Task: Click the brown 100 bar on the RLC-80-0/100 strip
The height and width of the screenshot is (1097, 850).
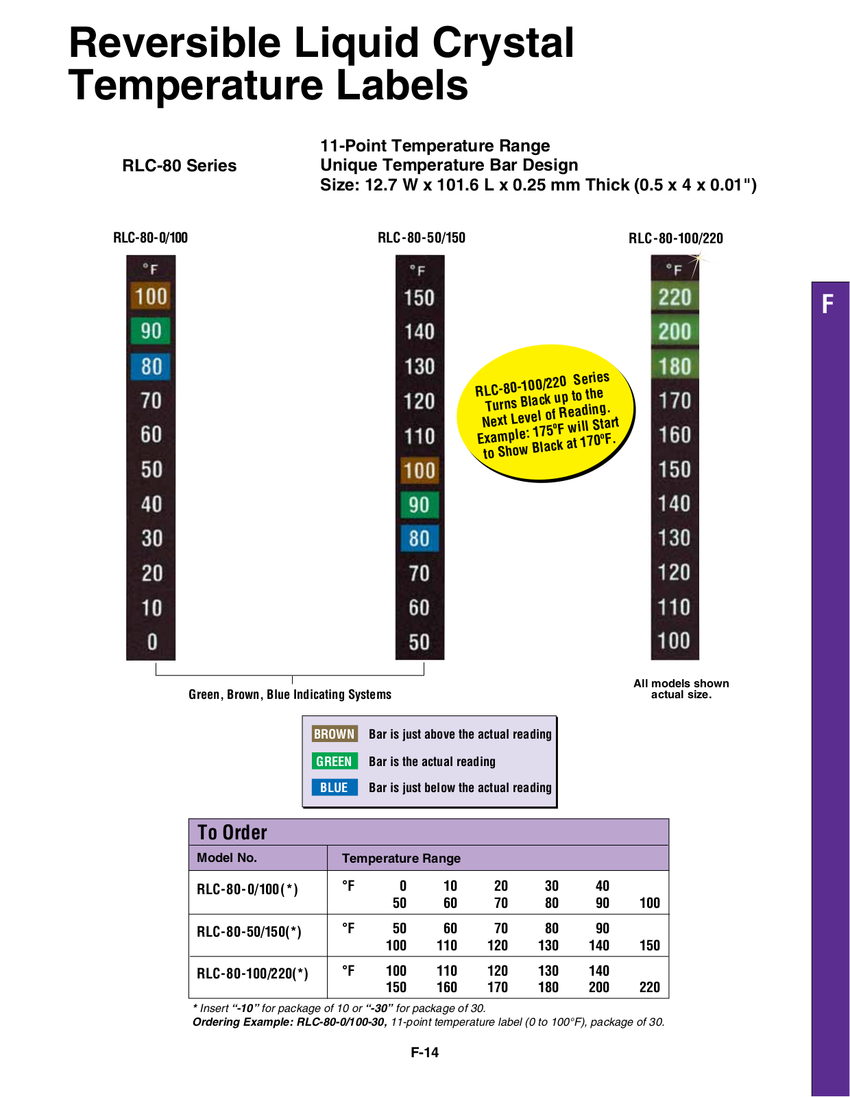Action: pos(150,296)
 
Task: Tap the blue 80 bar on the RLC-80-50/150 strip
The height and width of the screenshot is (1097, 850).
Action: pos(420,538)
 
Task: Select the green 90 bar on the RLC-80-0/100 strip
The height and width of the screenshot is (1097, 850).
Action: pos(150,331)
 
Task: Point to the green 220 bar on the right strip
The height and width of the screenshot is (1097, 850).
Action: pos(675,297)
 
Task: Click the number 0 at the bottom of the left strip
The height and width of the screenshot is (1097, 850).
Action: pos(151,641)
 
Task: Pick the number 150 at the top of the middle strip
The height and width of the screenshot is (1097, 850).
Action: pos(419,298)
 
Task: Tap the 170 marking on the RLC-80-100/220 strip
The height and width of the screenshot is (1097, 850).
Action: pos(675,401)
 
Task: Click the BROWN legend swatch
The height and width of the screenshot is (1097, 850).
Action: pos(335,734)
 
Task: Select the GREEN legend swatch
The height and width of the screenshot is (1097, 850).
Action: pos(335,761)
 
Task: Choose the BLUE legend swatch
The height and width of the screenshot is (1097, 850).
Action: pos(335,787)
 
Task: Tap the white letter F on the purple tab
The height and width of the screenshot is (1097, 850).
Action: pos(827,304)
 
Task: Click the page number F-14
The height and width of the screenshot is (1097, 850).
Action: pos(424,1052)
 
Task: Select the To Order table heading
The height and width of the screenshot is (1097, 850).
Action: pos(232,833)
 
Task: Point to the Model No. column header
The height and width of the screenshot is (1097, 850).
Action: pos(226,858)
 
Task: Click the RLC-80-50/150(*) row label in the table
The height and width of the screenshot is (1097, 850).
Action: pos(248,931)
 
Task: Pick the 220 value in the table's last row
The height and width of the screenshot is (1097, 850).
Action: pos(649,987)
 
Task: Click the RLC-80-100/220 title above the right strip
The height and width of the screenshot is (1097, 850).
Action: pos(675,238)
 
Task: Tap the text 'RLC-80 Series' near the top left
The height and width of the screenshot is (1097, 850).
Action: pos(180,166)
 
